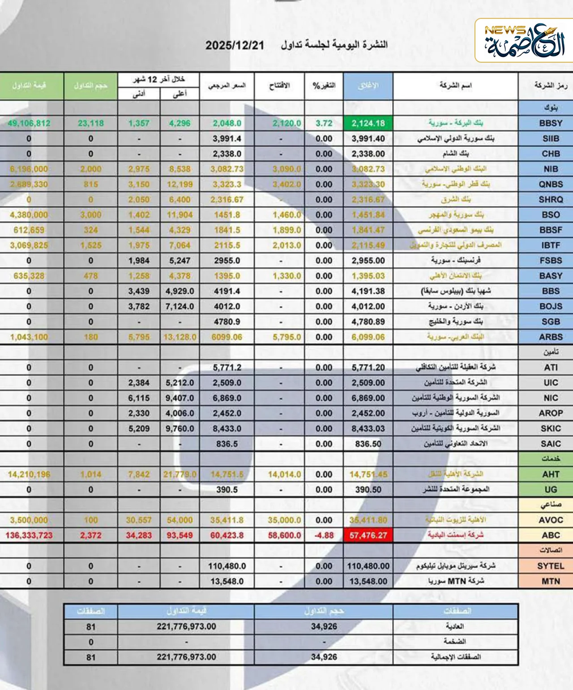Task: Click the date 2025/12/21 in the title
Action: tap(235, 45)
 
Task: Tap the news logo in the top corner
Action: tap(524, 41)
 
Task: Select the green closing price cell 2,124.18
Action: tap(368, 123)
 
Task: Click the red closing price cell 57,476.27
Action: tap(368, 535)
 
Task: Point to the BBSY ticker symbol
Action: tap(550, 123)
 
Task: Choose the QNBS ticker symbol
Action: tap(550, 184)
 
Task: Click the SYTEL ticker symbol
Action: tap(550, 566)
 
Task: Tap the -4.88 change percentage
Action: tap(324, 535)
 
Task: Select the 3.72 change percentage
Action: tap(324, 123)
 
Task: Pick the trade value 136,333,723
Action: tap(29, 535)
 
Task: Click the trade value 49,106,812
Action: tap(29, 123)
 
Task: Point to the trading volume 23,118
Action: tap(90, 123)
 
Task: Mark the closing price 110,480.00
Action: tap(368, 566)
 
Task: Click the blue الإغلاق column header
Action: tap(368, 86)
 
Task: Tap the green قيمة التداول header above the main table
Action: tap(29, 85)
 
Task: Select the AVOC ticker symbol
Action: tap(550, 520)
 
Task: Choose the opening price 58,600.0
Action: tap(284, 535)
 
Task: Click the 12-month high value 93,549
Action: tap(180, 535)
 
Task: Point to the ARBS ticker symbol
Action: tap(550, 337)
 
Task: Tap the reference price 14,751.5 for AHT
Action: tap(227, 474)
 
